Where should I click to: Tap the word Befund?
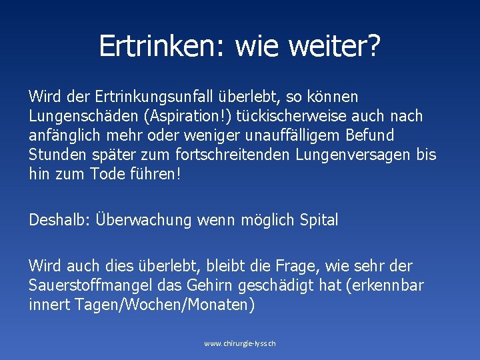pos(371,135)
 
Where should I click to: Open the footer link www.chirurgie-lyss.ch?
pos(239,343)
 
